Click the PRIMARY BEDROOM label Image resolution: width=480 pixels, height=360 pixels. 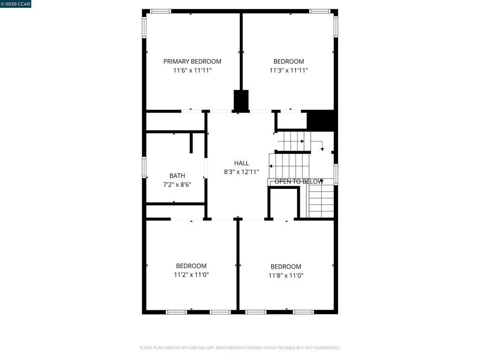[x=192, y=61]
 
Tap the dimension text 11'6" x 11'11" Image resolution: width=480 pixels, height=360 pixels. [x=192, y=70]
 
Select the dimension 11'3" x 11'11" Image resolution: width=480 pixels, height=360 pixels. [x=288, y=70]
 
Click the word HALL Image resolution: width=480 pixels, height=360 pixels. [x=241, y=163]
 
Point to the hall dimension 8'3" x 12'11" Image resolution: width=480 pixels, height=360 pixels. [x=241, y=172]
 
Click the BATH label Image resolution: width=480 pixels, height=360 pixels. [x=177, y=176]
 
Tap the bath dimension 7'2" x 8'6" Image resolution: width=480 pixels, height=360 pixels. [x=177, y=185]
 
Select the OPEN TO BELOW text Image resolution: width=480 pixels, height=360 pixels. [x=299, y=181]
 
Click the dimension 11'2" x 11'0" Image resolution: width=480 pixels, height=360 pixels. [x=191, y=275]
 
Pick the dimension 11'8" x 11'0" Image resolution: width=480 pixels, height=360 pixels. [x=286, y=276]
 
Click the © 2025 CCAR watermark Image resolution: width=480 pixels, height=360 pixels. [x=15, y=4]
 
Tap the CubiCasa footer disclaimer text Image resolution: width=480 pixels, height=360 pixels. [x=240, y=348]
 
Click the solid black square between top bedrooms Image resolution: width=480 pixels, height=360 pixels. [x=241, y=100]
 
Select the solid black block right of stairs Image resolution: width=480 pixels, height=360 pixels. [x=321, y=120]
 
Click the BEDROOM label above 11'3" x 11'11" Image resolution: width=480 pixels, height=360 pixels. [x=288, y=61]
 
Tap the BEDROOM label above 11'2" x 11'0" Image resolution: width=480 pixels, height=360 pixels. [x=191, y=266]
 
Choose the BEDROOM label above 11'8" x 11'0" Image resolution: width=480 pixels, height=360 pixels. [x=286, y=267]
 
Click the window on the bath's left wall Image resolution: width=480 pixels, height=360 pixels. [x=144, y=167]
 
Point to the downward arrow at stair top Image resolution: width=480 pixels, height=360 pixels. [x=322, y=149]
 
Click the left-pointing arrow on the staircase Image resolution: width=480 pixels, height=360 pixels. [x=271, y=166]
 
